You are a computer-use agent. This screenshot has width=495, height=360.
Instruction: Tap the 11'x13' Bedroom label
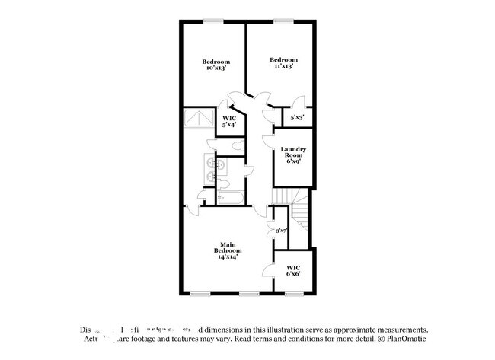(283, 63)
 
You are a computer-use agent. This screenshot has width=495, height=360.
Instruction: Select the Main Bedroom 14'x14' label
(228, 250)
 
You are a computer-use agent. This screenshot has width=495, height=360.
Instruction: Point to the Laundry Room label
(293, 155)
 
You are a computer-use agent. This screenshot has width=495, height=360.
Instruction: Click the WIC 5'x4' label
(228, 123)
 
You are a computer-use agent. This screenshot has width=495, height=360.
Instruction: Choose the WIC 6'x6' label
(293, 270)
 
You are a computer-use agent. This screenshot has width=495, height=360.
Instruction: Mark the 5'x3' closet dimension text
(298, 118)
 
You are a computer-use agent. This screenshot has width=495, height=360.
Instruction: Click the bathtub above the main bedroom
(229, 197)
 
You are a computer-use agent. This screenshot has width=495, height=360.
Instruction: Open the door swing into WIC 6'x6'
(267, 269)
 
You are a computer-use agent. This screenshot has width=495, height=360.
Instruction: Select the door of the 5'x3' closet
(297, 104)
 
